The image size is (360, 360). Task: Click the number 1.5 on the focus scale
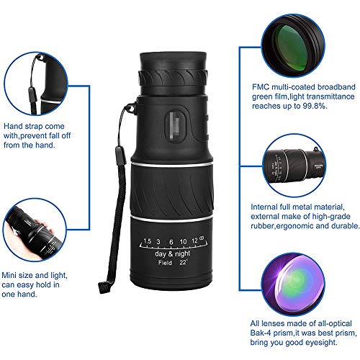147,240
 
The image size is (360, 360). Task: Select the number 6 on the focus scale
171,240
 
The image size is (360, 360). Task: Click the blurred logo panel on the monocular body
172,119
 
